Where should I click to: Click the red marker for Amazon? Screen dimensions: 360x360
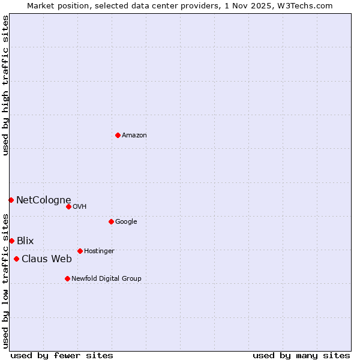click(x=118, y=135)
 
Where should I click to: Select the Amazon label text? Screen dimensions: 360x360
click(x=134, y=136)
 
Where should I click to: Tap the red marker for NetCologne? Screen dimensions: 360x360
click(x=11, y=200)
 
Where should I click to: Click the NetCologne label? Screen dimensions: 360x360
click(x=43, y=200)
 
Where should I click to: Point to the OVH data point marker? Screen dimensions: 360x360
click(x=68, y=206)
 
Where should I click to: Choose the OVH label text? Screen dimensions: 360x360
click(x=80, y=207)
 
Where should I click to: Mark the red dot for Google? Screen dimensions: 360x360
click(x=111, y=221)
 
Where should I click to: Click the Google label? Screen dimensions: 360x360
click(x=126, y=222)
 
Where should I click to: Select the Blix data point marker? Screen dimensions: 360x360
click(x=11, y=241)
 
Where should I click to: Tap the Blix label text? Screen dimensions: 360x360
click(x=25, y=241)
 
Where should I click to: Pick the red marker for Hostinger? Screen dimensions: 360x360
click(x=80, y=251)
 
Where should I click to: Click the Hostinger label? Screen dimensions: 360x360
click(x=99, y=251)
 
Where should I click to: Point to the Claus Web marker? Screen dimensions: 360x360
click(x=16, y=259)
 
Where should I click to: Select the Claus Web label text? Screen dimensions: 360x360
click(x=47, y=259)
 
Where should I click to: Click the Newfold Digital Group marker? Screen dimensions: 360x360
click(x=67, y=278)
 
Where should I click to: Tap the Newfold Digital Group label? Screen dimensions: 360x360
click(x=106, y=279)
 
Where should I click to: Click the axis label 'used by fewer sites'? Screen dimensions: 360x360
click(x=62, y=355)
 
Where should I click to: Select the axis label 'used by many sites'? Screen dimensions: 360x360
click(x=301, y=355)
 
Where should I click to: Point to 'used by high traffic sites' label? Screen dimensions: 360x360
click(x=6, y=85)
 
